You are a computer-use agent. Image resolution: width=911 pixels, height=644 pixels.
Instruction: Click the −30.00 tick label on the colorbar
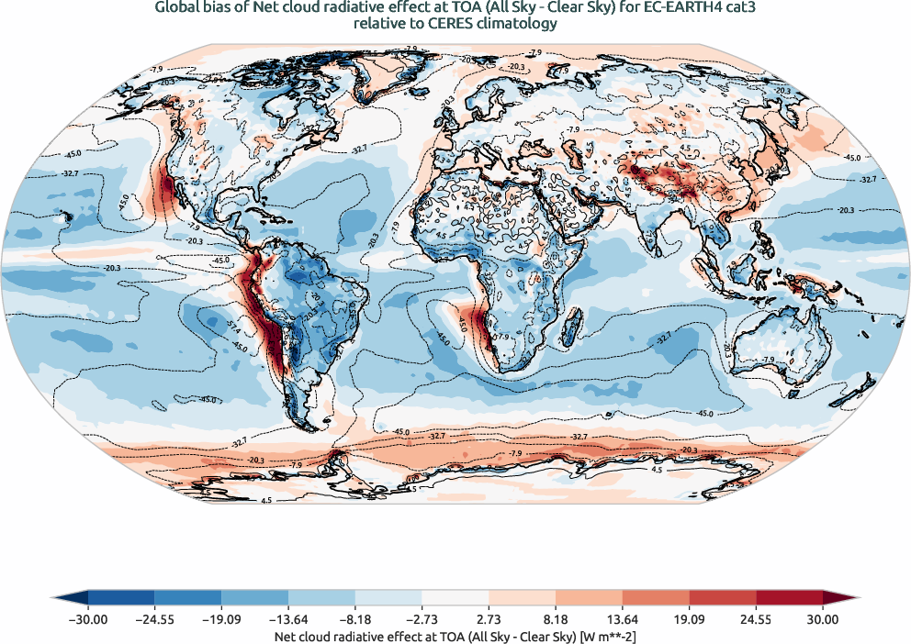point(88,619)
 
